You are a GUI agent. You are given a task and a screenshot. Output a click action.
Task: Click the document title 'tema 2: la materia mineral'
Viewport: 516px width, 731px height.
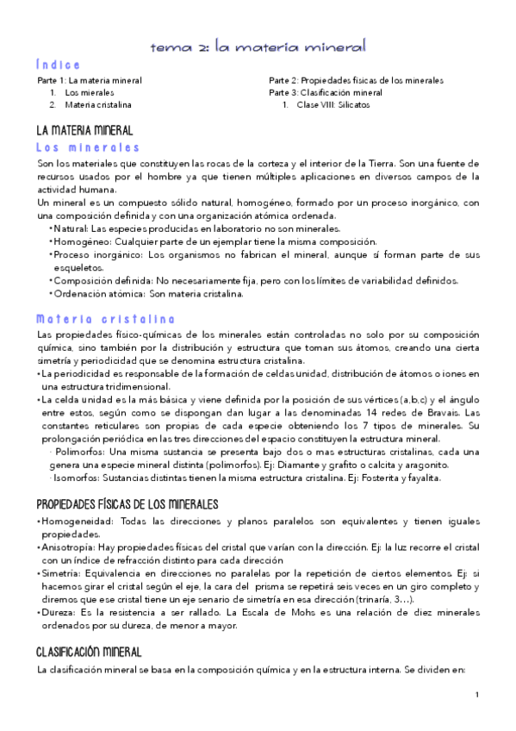click(258, 44)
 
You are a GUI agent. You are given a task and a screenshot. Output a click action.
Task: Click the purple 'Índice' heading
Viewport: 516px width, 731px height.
click(59, 65)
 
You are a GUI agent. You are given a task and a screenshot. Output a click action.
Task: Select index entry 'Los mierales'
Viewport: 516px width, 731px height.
click(90, 92)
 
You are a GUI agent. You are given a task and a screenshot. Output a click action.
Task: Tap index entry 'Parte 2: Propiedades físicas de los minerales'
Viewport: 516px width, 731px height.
click(356, 80)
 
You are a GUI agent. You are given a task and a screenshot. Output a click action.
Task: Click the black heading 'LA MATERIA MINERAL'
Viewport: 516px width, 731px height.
click(84, 131)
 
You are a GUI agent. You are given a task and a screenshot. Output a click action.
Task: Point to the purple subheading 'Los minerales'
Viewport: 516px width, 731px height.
click(87, 147)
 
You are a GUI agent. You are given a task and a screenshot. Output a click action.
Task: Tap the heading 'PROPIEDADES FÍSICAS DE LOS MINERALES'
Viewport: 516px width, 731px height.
click(127, 503)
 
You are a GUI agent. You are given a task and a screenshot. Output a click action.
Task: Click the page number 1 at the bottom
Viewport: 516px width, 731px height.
click(476, 695)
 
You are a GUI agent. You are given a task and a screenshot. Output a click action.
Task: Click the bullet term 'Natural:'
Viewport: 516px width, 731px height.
click(71, 228)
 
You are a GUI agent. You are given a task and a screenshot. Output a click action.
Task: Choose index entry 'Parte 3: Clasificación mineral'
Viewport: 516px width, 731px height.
click(326, 92)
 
